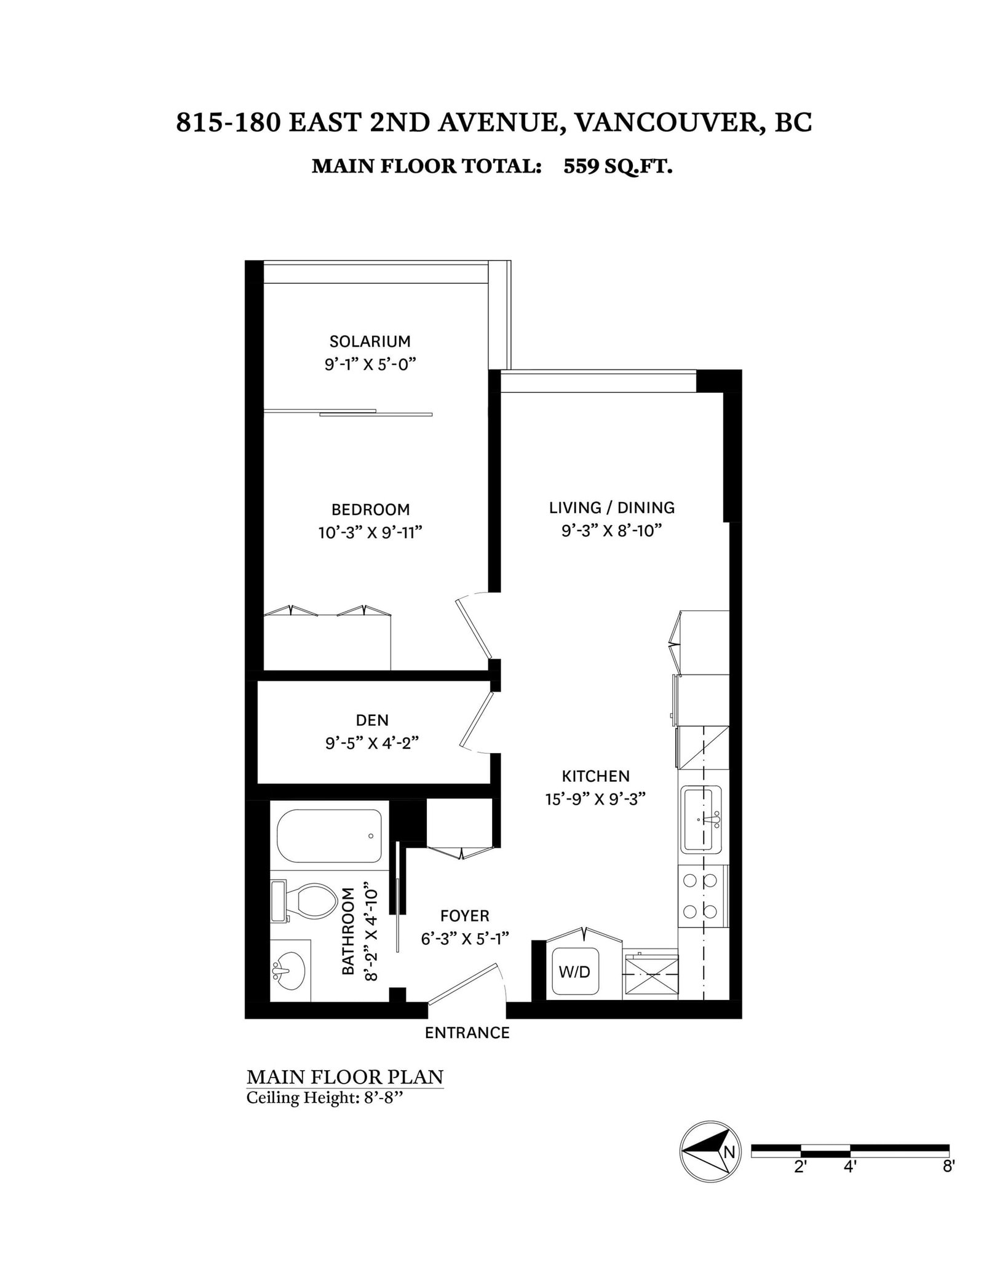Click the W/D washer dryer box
click(574, 972)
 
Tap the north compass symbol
click(710, 1169)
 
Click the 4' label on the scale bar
click(850, 1184)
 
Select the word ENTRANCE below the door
click(467, 1033)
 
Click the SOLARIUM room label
click(370, 341)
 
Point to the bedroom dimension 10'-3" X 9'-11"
click(370, 532)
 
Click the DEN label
click(372, 720)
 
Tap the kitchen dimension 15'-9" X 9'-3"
click(595, 799)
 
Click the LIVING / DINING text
click(611, 508)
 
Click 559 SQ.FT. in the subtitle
click(617, 166)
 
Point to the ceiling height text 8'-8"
click(381, 1097)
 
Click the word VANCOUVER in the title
click(667, 122)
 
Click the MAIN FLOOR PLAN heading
click(344, 1077)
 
